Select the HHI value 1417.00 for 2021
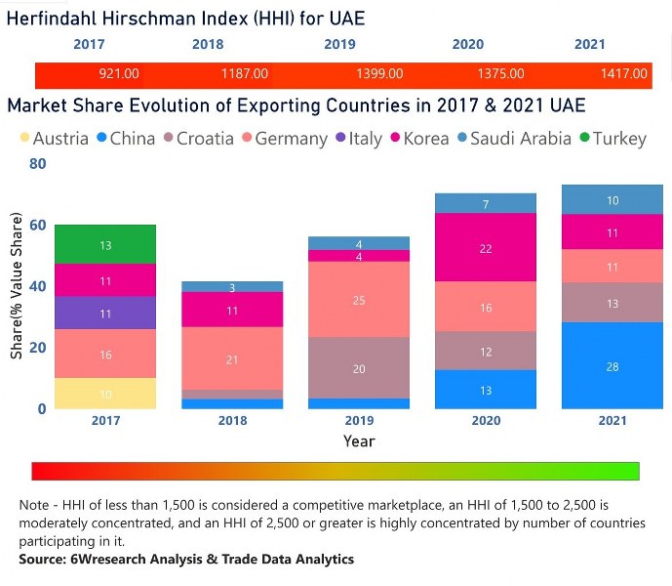pyautogui.click(x=624, y=74)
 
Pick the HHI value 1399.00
pyautogui.click(x=379, y=74)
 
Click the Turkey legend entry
pyautogui.click(x=612, y=139)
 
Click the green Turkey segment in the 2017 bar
pyautogui.click(x=105, y=244)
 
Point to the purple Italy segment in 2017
pyautogui.click(x=105, y=314)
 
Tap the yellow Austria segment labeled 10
pyautogui.click(x=105, y=394)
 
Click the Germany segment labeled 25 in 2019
pyautogui.click(x=358, y=300)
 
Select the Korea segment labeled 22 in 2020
pyautogui.click(x=486, y=248)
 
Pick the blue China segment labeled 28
pyautogui.click(x=613, y=366)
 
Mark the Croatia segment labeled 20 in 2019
pyautogui.click(x=358, y=368)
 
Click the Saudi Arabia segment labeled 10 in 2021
pyautogui.click(x=613, y=200)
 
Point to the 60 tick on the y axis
pyautogui.click(x=36, y=226)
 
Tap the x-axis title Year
pyautogui.click(x=358, y=441)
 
